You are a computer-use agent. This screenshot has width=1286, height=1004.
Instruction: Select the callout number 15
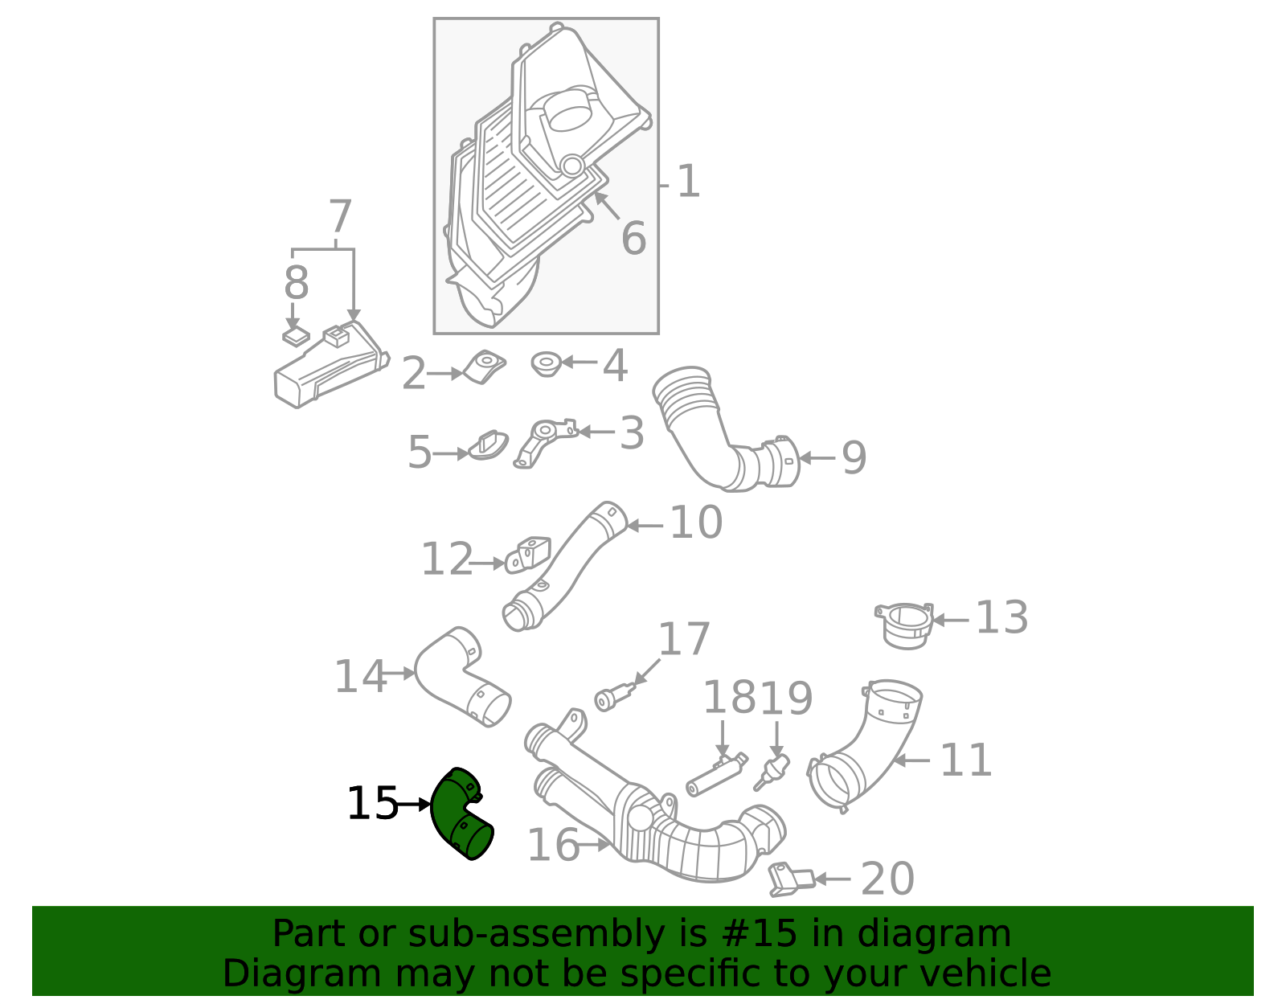[x=372, y=804]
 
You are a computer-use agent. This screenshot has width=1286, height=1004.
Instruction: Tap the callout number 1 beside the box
[x=688, y=182]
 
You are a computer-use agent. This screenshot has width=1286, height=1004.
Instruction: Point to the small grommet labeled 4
[x=546, y=365]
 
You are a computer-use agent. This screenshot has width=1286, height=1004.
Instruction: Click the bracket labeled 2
[x=484, y=367]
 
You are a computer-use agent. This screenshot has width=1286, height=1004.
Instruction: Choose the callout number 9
[x=854, y=458]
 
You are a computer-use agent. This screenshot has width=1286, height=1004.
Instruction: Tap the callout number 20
[x=887, y=879]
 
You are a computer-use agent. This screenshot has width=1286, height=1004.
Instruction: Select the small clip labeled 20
[x=789, y=878]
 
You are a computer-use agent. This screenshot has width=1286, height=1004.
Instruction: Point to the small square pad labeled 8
[x=296, y=336]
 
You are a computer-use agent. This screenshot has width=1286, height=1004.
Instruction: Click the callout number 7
[x=340, y=217]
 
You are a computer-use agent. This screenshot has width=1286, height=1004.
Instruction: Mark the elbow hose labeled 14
[x=462, y=675]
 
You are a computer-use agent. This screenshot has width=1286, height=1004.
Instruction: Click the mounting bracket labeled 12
[x=528, y=555]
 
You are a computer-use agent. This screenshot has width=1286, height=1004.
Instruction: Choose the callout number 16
[x=553, y=845]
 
